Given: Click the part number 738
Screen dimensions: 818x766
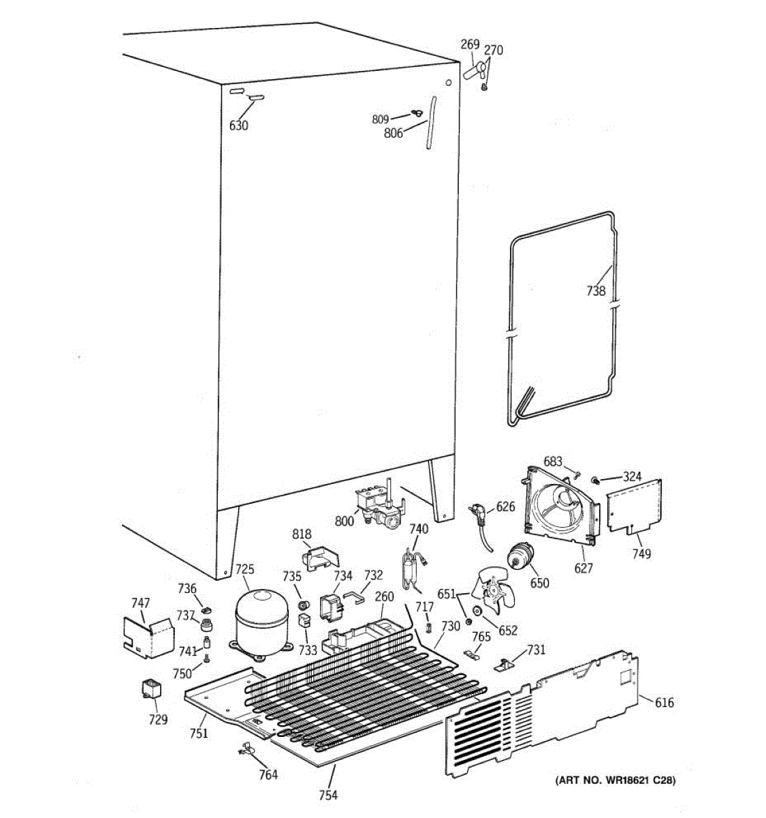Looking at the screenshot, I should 595,291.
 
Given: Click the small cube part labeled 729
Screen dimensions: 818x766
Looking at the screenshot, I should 150,689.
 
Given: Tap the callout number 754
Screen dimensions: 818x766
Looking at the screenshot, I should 328,795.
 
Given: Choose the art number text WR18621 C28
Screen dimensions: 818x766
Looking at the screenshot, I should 616,781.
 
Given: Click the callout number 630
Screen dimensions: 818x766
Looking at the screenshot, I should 238,125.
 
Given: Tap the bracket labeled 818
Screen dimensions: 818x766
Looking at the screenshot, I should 320,556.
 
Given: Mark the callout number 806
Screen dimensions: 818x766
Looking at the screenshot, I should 394,134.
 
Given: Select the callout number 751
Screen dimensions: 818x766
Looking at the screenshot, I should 199,733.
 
